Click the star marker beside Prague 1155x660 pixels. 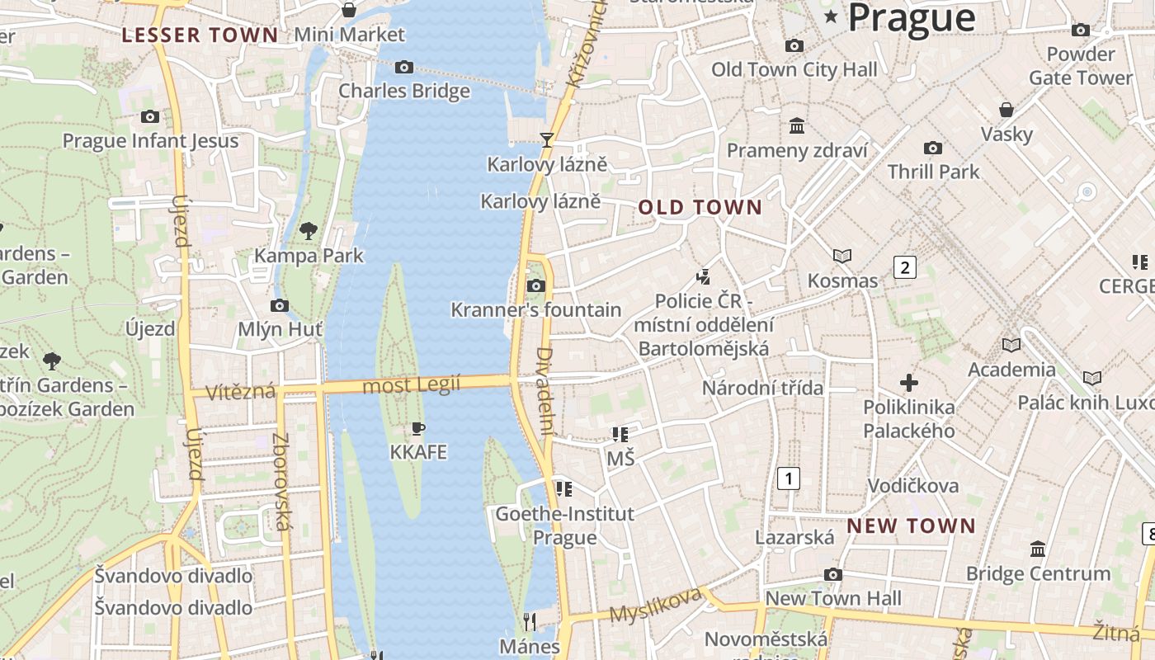click(x=831, y=16)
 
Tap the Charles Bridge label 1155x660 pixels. click(x=404, y=90)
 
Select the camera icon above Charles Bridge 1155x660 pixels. click(x=404, y=67)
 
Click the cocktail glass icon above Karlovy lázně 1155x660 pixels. click(x=546, y=139)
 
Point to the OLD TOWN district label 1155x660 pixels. click(x=700, y=207)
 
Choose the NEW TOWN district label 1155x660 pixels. click(x=911, y=526)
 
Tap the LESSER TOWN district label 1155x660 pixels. click(x=200, y=35)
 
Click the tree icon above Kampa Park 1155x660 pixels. click(x=309, y=231)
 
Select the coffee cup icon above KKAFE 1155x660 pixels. click(x=418, y=428)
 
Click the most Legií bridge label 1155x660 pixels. click(x=411, y=384)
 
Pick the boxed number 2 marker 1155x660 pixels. click(x=905, y=266)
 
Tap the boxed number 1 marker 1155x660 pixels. click(x=790, y=478)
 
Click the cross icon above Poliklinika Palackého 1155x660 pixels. click(x=908, y=383)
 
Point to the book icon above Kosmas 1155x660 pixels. click(x=841, y=257)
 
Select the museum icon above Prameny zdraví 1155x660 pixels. click(x=797, y=125)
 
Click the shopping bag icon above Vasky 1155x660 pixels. click(x=1006, y=110)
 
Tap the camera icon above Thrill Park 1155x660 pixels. click(x=933, y=148)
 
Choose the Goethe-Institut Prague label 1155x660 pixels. click(x=564, y=526)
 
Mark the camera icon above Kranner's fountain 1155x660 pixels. click(x=535, y=286)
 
